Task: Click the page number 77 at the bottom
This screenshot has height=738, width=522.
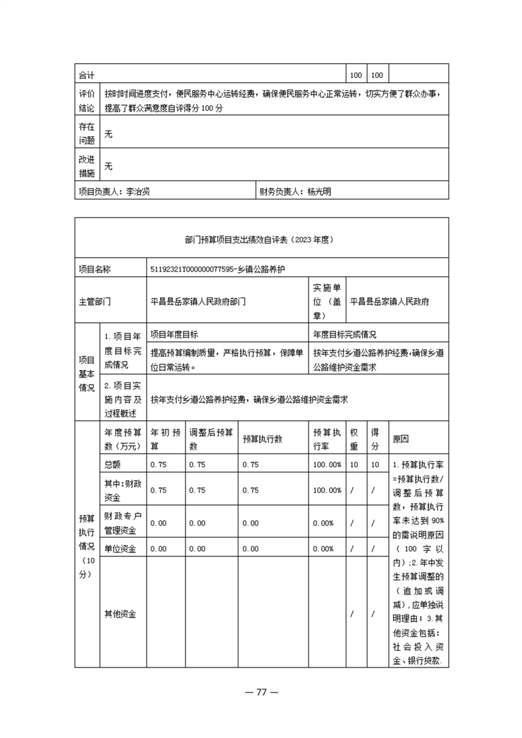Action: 261,693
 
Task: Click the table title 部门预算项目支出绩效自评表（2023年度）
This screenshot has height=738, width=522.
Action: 261,240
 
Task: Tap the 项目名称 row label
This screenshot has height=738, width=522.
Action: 95,269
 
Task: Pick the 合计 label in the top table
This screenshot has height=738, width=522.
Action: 86,74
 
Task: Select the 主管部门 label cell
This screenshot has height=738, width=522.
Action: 95,302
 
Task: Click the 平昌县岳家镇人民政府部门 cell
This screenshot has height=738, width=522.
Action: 198,302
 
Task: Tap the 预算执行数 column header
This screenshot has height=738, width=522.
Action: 262,439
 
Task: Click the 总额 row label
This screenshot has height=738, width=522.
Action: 113,464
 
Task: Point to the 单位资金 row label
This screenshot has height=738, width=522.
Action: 120,549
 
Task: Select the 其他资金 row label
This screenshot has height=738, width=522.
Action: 120,614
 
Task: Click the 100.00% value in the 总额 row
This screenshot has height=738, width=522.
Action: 327,464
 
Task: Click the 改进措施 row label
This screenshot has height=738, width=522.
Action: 87,166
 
